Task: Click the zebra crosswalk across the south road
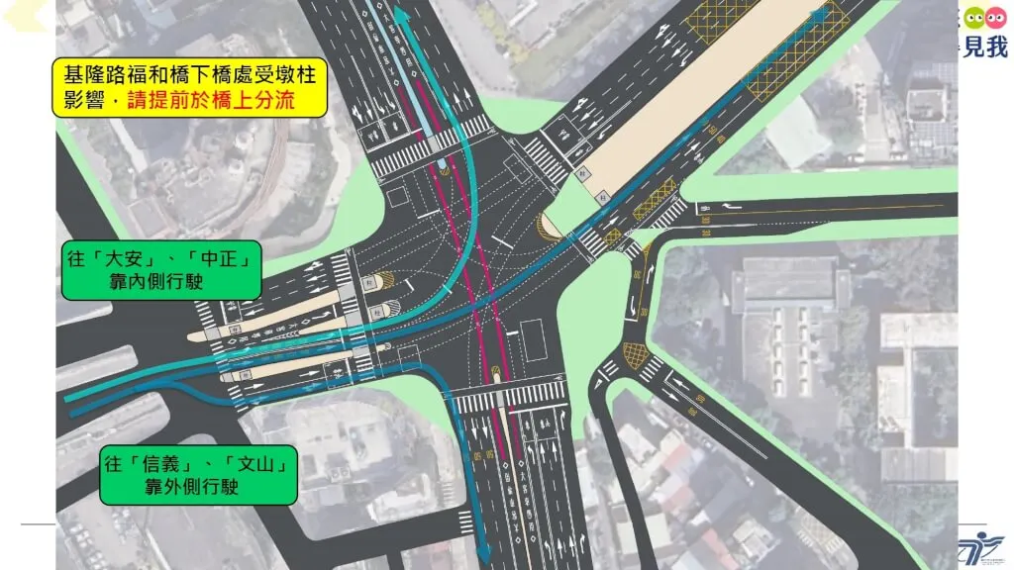point(510,396)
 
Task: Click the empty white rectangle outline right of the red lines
point(533,339)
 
